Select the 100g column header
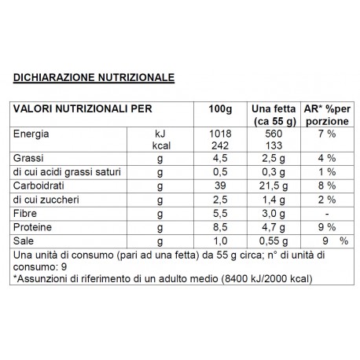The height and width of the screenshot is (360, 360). point(224,109)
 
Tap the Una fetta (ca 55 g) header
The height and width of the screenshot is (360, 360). point(270,115)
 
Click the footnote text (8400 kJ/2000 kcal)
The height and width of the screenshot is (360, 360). point(268,280)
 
